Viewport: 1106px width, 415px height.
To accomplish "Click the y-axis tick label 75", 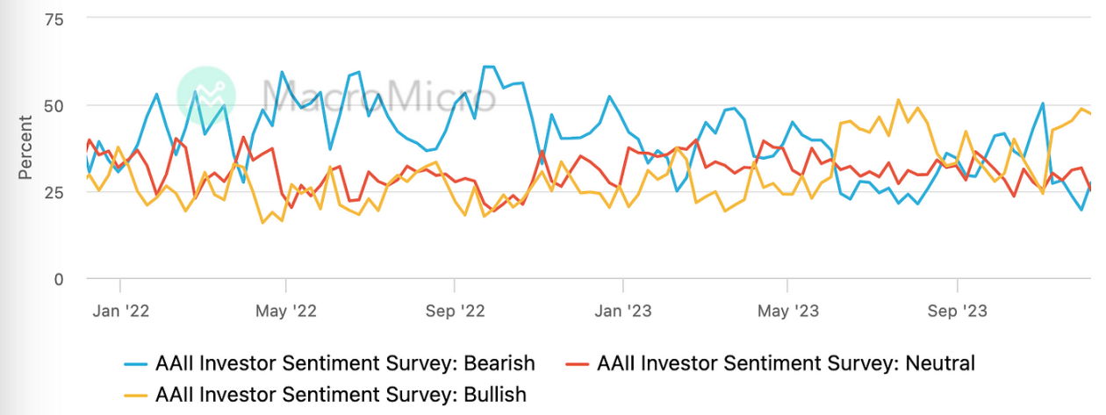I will [54, 18].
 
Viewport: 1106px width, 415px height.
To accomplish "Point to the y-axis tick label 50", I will [54, 105].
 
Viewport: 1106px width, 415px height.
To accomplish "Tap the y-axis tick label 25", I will [54, 192].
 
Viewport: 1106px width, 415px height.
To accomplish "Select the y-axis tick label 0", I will [59, 279].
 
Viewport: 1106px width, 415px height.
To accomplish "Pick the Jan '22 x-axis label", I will [119, 311].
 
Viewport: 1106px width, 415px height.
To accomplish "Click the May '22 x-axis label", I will [285, 311].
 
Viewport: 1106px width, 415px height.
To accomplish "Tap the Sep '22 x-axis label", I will [454, 311].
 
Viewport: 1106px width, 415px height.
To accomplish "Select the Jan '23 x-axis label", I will [622, 311].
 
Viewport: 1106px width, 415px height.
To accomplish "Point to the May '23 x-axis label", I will [788, 311].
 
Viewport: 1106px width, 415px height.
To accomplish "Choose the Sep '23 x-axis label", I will [957, 311].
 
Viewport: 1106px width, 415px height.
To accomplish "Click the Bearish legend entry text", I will [345, 362].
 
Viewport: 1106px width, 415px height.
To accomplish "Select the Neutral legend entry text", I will [786, 362].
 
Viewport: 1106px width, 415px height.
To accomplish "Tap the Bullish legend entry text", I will [341, 394].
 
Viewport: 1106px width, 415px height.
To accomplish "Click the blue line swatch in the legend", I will [135, 362].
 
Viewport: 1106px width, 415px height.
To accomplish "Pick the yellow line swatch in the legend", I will [135, 394].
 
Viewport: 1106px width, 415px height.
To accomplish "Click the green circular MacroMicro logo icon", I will [206, 92].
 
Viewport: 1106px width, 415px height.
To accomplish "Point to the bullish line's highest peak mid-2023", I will [898, 100].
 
